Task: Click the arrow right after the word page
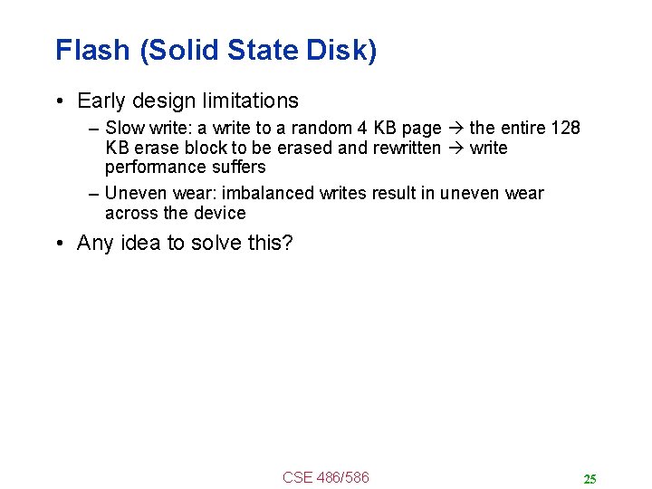tap(455, 128)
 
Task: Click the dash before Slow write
tap(94, 128)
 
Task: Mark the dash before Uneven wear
tap(94, 193)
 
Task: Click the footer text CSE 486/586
tap(326, 477)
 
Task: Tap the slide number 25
tap(590, 479)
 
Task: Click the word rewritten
tap(406, 148)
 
